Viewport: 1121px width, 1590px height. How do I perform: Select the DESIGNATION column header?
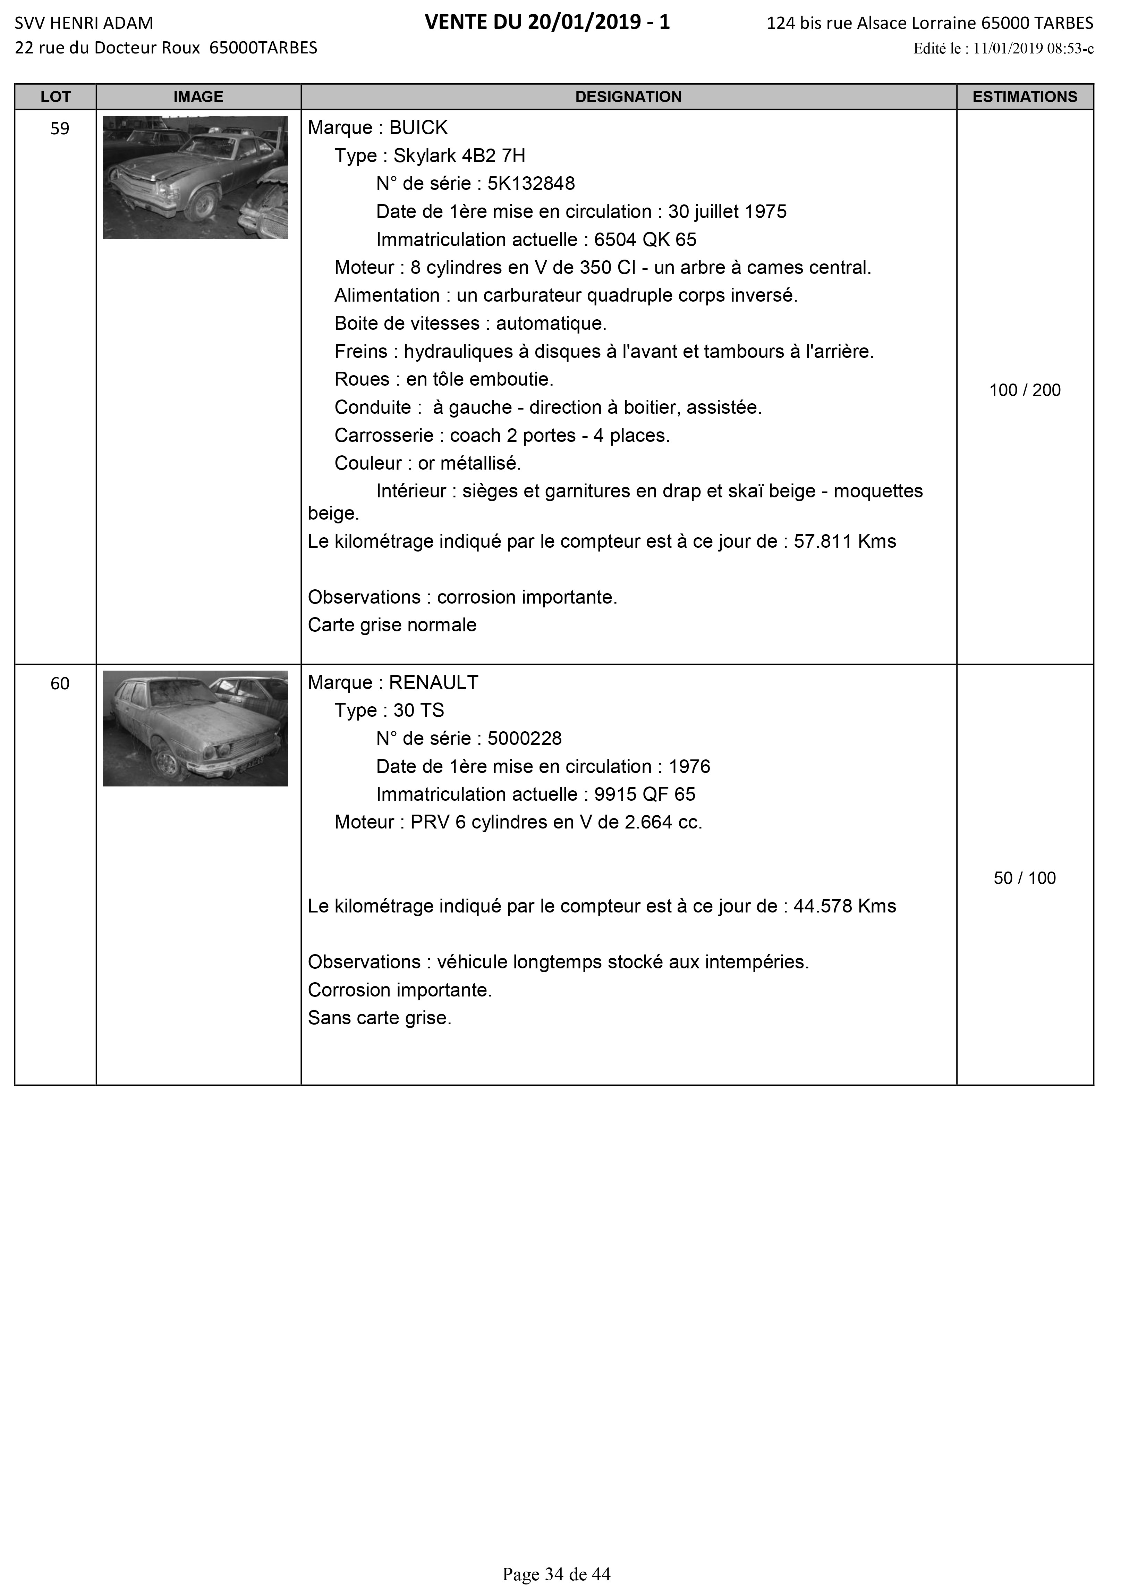pos(628,97)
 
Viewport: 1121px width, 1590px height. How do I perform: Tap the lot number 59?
pos(60,129)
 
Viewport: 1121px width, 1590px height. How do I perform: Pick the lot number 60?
pos(60,683)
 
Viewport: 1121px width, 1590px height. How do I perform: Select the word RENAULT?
pos(433,683)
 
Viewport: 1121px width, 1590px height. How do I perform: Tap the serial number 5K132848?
pos(531,184)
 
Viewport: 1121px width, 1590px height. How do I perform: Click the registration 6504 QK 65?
pos(645,239)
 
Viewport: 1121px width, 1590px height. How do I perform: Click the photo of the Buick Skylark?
pos(195,177)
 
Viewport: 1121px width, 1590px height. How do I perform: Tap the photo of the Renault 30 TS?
pos(195,729)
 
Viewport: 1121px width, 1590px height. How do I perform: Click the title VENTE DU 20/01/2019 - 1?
pos(547,23)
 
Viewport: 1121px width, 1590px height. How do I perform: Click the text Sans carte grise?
pos(380,1018)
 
